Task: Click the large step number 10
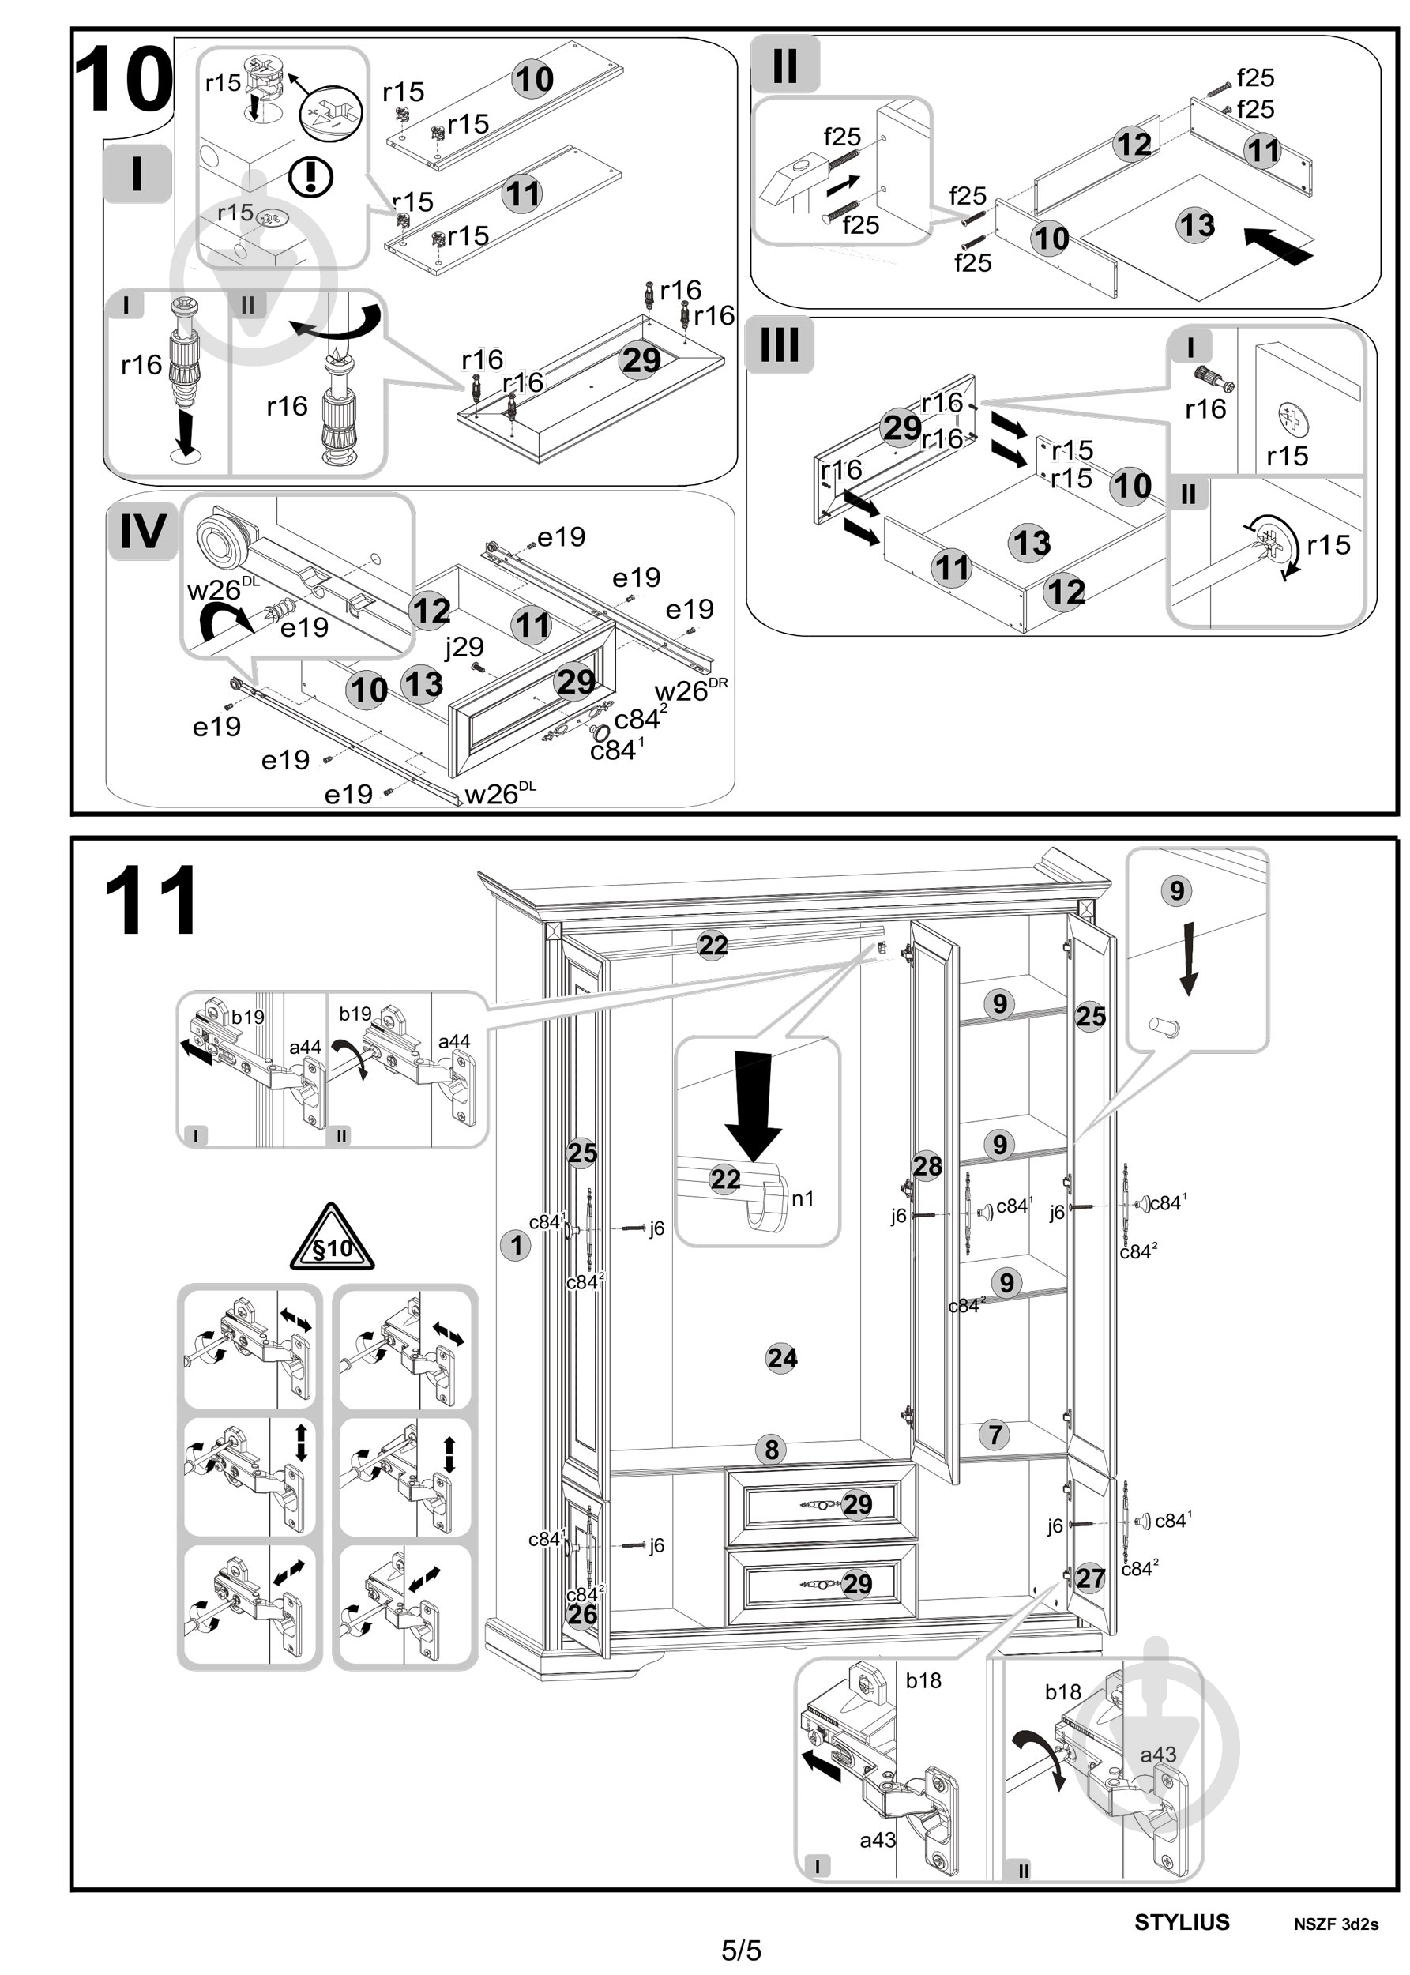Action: [123, 80]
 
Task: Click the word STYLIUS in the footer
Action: [1182, 1922]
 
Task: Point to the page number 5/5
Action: [742, 1951]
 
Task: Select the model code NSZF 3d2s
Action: [1335, 1924]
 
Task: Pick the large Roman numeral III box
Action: [780, 344]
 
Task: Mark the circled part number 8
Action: [771, 1449]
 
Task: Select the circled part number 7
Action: [995, 1434]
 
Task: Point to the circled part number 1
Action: [516, 1245]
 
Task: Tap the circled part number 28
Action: [927, 1166]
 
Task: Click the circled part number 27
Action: [1091, 1578]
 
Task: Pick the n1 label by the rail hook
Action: [803, 1199]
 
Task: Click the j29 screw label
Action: [464, 647]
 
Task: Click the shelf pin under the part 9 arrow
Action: [1164, 1026]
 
